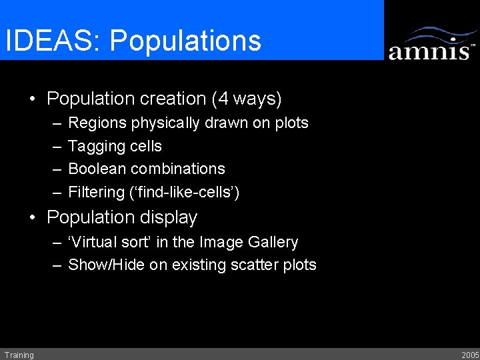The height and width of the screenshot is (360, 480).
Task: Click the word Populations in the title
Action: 185,41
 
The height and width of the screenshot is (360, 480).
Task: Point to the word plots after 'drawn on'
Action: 291,123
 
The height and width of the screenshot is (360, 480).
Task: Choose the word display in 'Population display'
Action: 170,218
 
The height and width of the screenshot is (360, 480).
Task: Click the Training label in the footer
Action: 19,355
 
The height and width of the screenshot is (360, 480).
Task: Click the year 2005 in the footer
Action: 469,355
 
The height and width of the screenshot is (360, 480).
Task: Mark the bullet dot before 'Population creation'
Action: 33,100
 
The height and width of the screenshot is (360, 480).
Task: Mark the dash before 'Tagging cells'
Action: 57,147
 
